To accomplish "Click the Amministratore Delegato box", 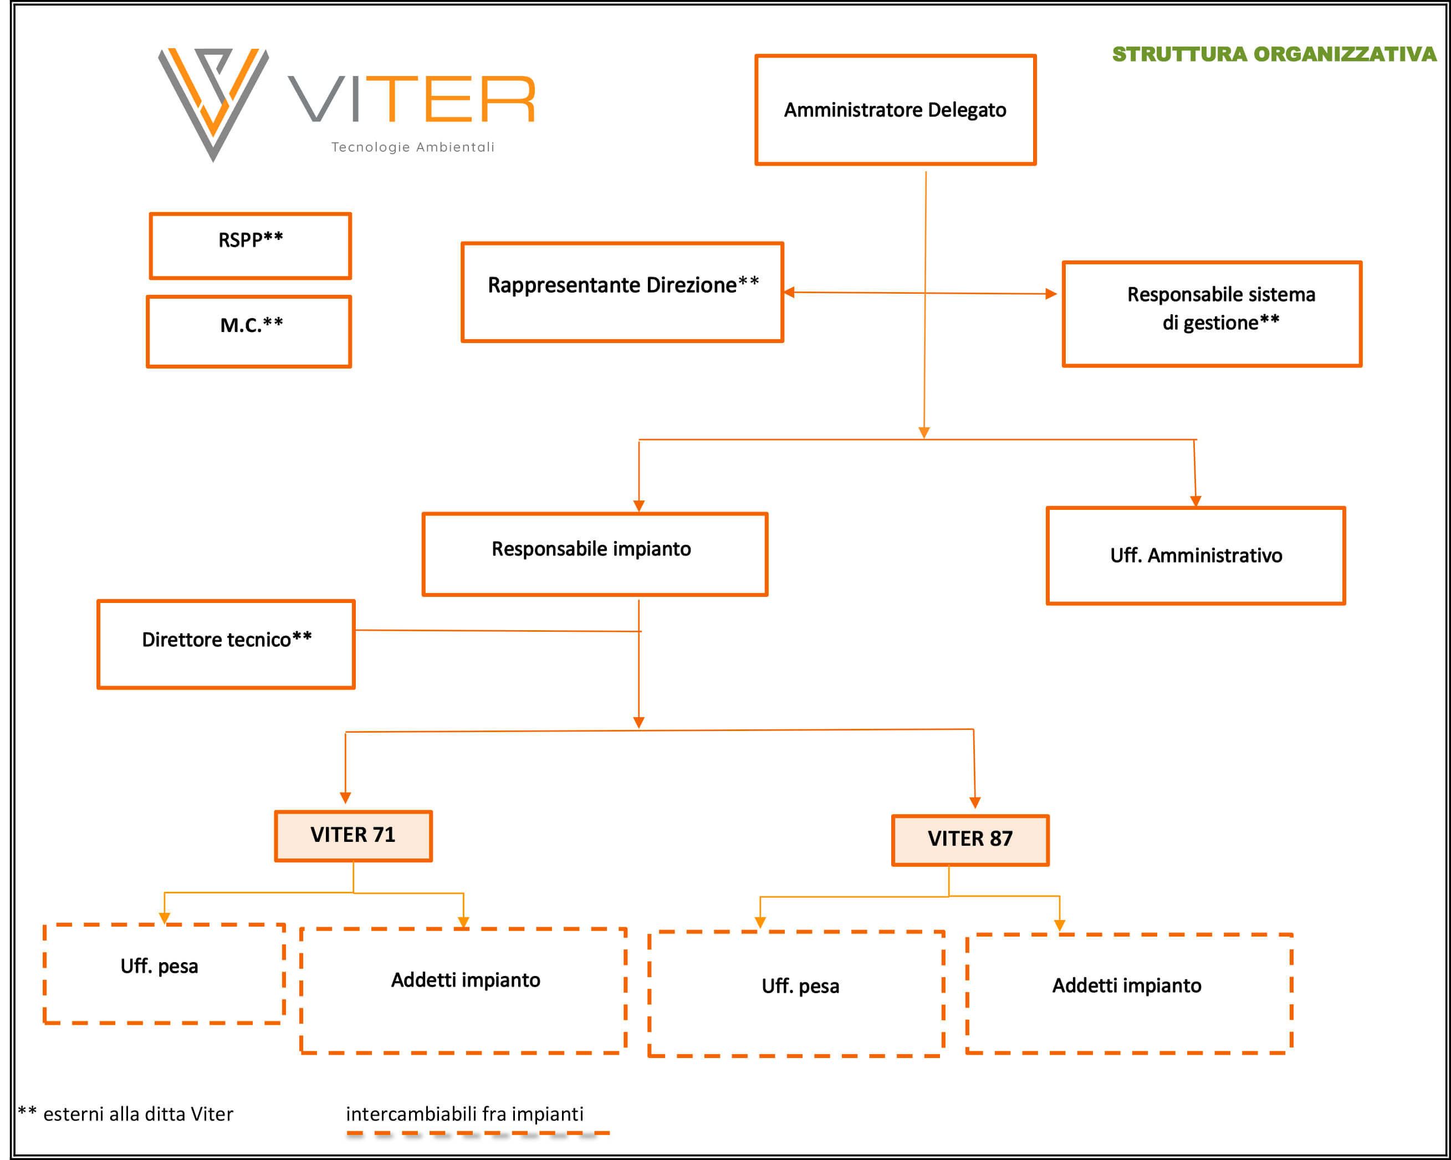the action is click(x=895, y=110).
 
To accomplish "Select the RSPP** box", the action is click(x=251, y=246).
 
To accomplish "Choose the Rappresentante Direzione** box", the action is click(x=622, y=292).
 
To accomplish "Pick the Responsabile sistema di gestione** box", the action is click(x=1212, y=314).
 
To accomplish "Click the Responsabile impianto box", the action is click(x=595, y=554).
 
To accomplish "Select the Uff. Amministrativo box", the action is click(x=1196, y=556).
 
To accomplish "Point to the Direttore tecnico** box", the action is click(x=226, y=645).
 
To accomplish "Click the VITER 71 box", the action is click(x=354, y=836).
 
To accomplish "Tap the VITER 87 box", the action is click(x=970, y=840).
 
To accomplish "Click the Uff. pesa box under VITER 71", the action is click(x=164, y=974).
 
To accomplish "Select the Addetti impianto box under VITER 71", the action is click(x=464, y=990).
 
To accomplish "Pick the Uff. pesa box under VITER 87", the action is click(x=796, y=994).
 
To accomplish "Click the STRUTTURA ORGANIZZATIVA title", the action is click(x=1275, y=54).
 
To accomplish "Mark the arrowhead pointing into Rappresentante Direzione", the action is click(x=789, y=292).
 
